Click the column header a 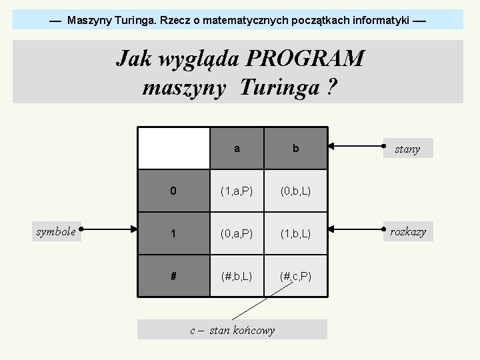click(x=237, y=149)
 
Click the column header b click(x=295, y=149)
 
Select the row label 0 click(x=173, y=191)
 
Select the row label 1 click(x=173, y=233)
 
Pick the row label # click(x=173, y=275)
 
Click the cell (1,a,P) click(x=237, y=191)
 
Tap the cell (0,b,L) click(x=295, y=191)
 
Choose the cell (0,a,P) click(x=237, y=233)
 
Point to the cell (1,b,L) click(x=295, y=233)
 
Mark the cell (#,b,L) click(x=237, y=275)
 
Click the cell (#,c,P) click(x=295, y=275)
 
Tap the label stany click(x=407, y=149)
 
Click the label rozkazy click(x=407, y=232)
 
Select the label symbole click(x=56, y=232)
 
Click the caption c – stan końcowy click(x=232, y=330)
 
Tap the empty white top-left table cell click(x=173, y=148)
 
